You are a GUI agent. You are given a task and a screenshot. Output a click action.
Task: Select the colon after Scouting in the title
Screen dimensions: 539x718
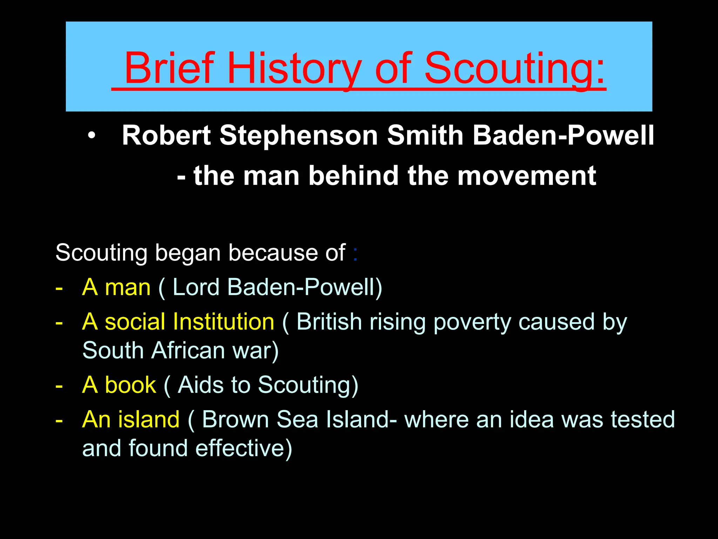600,72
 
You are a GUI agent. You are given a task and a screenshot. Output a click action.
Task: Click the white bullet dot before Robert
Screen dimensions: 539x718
92,136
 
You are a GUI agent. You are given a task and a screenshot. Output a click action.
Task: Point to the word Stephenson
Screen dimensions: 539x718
298,136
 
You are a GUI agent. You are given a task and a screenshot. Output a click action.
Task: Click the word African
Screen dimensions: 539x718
188,351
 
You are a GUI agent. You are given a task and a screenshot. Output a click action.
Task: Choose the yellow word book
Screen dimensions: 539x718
130,385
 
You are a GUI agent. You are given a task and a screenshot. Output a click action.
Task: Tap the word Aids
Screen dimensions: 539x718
201,385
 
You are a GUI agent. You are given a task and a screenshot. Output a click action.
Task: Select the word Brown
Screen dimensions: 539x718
235,420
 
